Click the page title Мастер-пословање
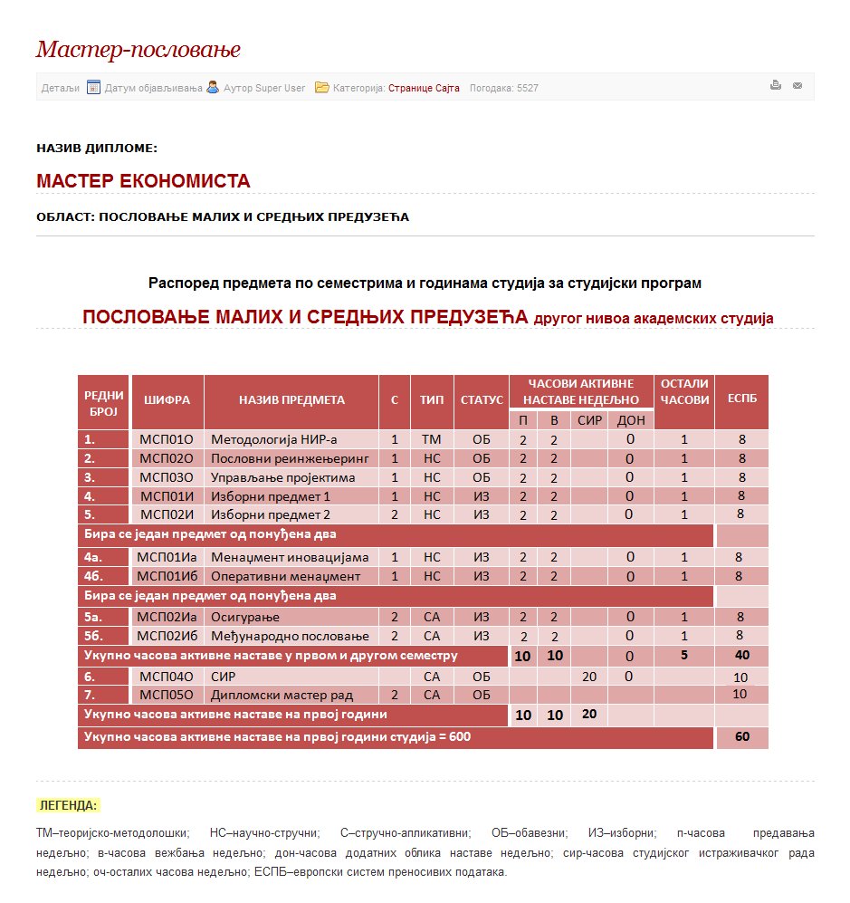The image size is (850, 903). tap(138, 50)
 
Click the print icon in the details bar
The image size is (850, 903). tap(776, 86)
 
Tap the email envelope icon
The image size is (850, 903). tap(797, 86)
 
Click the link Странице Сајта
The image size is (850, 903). tap(424, 88)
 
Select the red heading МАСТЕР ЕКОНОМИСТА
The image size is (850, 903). tap(143, 181)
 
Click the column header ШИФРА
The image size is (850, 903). tap(167, 399)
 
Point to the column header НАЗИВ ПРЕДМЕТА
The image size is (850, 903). tap(291, 399)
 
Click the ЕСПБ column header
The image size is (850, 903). tap(740, 399)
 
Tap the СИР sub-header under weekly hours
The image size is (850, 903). tap(589, 420)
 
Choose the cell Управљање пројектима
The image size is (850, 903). tap(282, 477)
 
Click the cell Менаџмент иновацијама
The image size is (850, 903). tap(290, 557)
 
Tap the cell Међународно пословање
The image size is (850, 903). tap(290, 636)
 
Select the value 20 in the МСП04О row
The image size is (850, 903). tap(589, 676)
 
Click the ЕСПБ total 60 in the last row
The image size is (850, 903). tap(741, 737)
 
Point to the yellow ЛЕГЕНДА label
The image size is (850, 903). tap(68, 805)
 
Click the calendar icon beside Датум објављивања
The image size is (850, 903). tap(93, 88)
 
